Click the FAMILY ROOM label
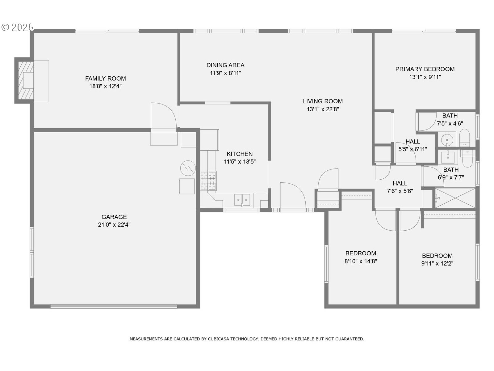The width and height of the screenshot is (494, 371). pyautogui.click(x=105, y=79)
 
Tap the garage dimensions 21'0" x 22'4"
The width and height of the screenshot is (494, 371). pyautogui.click(x=114, y=225)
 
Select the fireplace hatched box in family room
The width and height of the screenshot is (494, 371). pyautogui.click(x=25, y=80)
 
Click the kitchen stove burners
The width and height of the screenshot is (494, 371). pyautogui.click(x=208, y=181)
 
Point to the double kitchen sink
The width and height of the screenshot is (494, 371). pyautogui.click(x=242, y=200)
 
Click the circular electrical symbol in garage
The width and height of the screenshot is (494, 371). pyautogui.click(x=188, y=168)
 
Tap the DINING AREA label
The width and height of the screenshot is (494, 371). pyautogui.click(x=225, y=65)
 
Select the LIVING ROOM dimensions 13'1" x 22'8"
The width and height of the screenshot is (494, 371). pyautogui.click(x=323, y=109)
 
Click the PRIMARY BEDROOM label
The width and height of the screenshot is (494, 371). pyautogui.click(x=425, y=69)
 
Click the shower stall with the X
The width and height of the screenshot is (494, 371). pyautogui.click(x=455, y=198)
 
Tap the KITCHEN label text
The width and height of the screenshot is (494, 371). pyautogui.click(x=240, y=154)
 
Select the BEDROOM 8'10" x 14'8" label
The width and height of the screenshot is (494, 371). pyautogui.click(x=361, y=254)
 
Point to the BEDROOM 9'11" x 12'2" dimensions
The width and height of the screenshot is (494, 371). pyautogui.click(x=437, y=264)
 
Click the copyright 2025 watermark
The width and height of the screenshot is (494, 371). pyautogui.click(x=18, y=27)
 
